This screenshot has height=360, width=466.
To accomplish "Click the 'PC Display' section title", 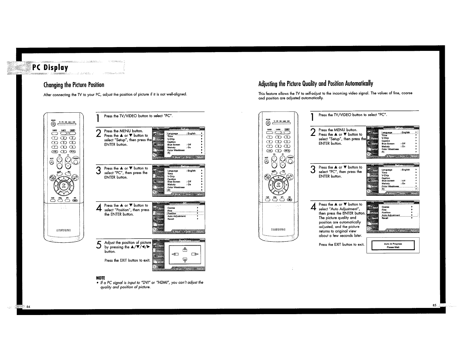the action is [50, 68].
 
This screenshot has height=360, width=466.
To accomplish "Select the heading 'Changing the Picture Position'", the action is [74, 85].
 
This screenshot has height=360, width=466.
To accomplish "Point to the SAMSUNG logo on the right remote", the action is [278, 229].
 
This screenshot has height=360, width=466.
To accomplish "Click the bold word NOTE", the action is [101, 278].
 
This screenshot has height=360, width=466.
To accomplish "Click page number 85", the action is [434, 305].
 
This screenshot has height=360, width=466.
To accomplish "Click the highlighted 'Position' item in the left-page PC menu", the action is [172, 214].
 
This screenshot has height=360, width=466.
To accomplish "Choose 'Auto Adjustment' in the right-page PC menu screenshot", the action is [391, 215].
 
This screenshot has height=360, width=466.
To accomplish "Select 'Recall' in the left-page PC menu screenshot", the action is [171, 219].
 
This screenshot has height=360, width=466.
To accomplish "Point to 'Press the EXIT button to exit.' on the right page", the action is [342, 245].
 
